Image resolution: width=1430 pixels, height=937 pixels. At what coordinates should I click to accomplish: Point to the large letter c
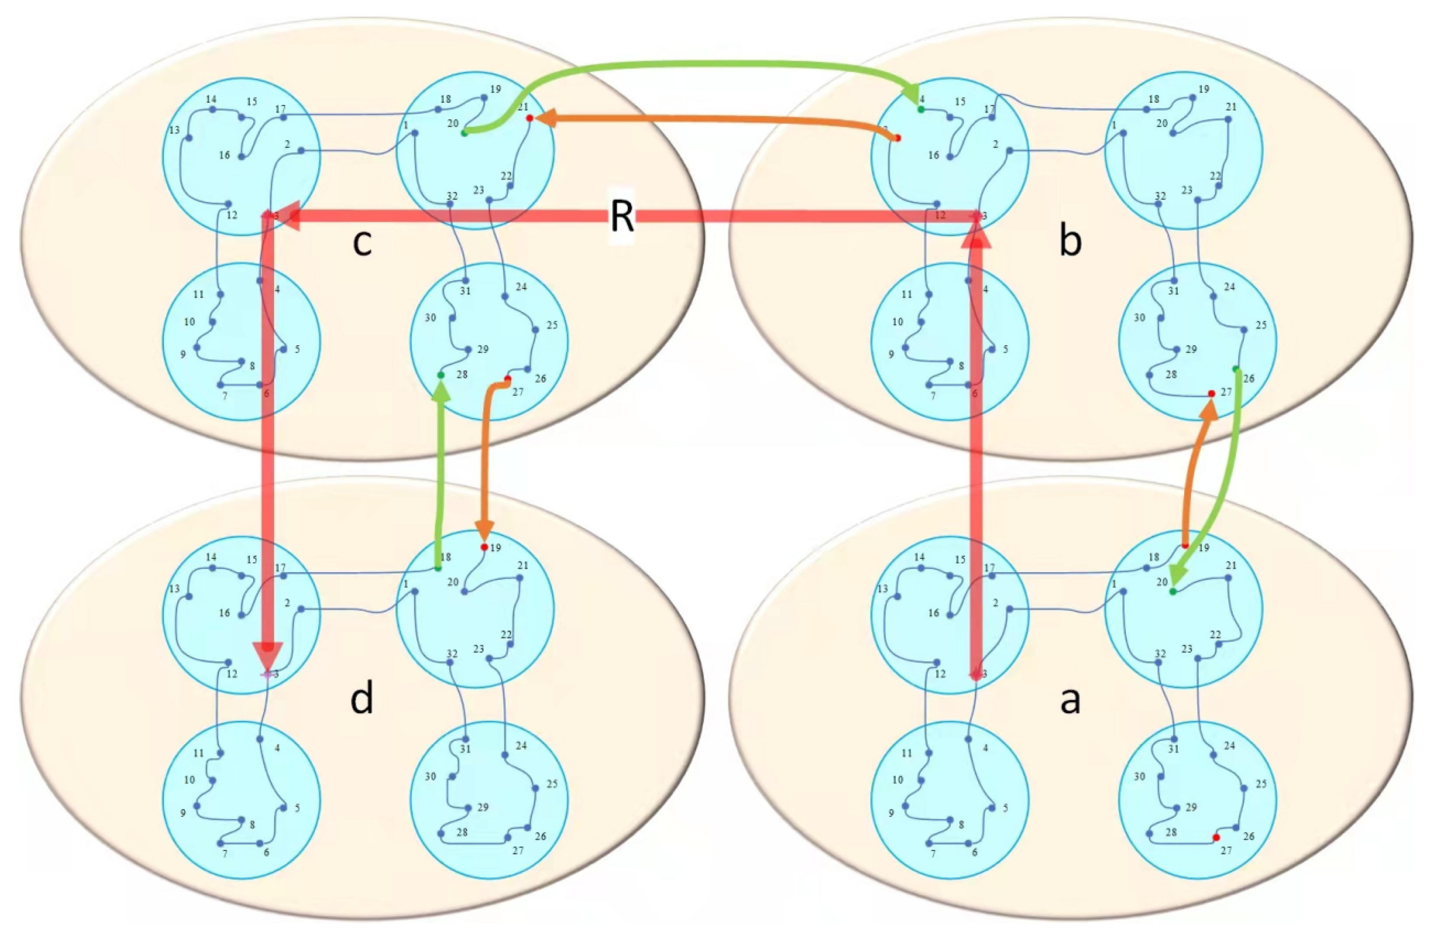coord(362,242)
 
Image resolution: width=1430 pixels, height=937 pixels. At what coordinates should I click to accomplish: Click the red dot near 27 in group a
coord(1216,837)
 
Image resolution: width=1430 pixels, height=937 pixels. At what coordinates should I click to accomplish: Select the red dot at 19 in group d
coord(484,547)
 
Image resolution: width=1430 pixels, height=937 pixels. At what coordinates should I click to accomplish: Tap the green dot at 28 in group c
coord(440,375)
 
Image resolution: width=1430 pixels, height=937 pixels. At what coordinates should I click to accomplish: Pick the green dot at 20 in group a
coord(1172,592)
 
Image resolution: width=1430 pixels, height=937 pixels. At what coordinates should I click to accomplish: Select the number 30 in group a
coord(1139,776)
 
